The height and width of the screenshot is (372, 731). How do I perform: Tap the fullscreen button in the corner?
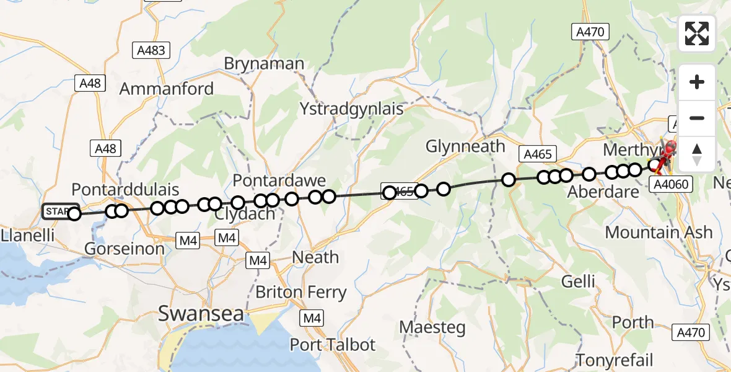tap(697, 33)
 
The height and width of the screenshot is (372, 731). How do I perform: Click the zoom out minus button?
tap(697, 118)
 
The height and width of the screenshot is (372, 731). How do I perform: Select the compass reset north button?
tap(697, 154)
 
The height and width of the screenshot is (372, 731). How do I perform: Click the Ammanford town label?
tap(166, 89)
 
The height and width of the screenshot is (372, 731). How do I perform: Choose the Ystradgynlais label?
tap(351, 109)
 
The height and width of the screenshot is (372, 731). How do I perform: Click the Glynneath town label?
tap(465, 146)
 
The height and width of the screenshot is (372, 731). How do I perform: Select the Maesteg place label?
tap(432, 327)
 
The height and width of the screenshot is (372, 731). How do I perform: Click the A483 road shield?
tap(150, 50)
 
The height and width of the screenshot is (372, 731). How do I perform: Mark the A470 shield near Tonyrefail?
tap(690, 332)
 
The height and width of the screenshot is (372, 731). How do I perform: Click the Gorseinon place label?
tap(126, 249)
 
